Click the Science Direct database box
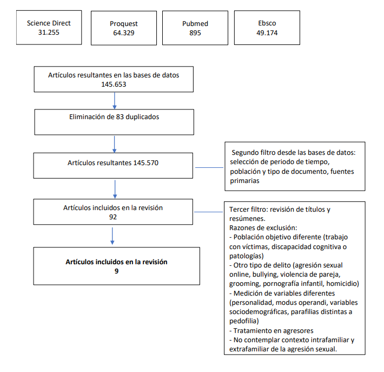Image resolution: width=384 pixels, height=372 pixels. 49,28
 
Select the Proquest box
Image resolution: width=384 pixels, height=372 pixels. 124,28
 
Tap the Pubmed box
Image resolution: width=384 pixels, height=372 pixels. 195,28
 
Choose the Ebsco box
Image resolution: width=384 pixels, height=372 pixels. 267,28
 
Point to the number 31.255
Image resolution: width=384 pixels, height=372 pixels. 49,32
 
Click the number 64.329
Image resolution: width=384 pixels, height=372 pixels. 124,33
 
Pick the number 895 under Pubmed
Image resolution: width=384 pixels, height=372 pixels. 195,33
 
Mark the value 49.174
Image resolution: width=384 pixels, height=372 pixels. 267,33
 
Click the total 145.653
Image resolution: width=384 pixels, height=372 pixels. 114,84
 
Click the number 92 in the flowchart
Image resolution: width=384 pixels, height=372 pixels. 113,217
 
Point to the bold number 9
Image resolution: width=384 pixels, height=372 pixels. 116,271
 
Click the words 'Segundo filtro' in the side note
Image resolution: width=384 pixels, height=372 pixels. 255,153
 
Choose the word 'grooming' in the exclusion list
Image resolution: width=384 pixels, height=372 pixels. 246,284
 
